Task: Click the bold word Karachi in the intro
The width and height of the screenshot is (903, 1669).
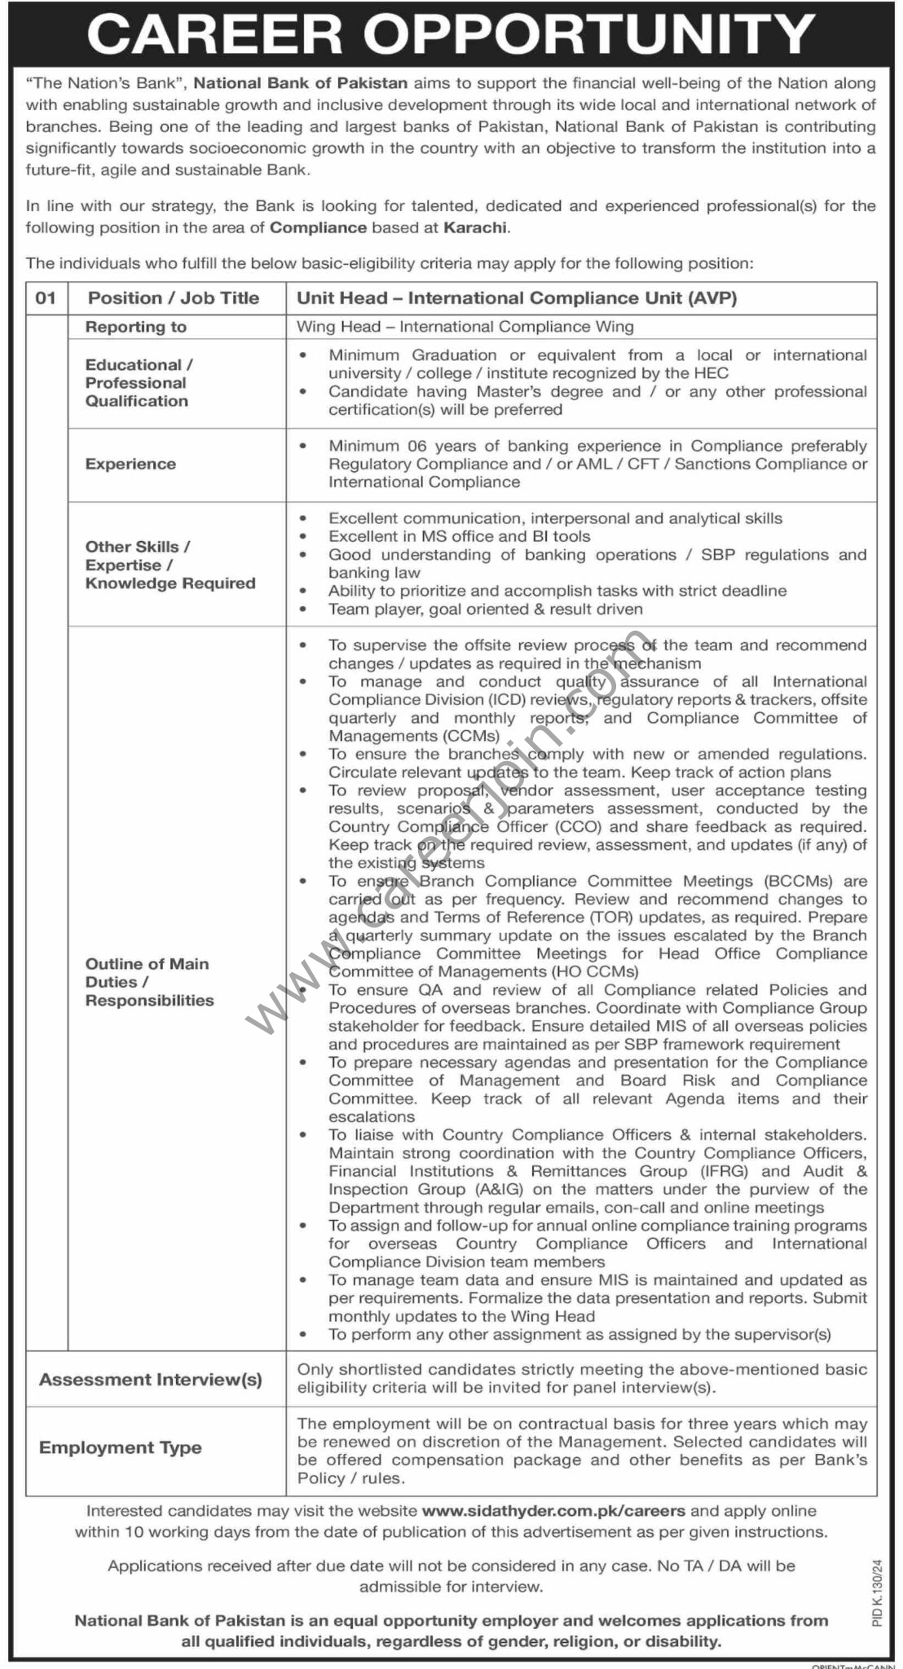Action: (476, 227)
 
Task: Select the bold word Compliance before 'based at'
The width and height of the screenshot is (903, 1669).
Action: (318, 227)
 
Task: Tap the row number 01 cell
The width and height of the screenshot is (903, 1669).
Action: (46, 298)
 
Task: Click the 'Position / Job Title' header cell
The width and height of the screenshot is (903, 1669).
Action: (174, 298)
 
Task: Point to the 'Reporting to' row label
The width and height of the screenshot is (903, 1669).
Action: (136, 327)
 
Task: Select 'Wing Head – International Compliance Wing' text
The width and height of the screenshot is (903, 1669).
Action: (465, 327)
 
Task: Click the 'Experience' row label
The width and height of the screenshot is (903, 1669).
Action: (130, 464)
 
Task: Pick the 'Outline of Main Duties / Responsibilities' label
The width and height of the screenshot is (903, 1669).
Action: (149, 982)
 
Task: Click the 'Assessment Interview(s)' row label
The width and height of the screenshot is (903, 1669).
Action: (151, 1380)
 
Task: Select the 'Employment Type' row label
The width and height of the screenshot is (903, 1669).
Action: (121, 1447)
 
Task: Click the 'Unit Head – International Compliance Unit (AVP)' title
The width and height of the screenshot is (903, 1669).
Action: (517, 298)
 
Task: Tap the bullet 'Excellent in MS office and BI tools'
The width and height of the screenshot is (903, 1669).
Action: (459, 536)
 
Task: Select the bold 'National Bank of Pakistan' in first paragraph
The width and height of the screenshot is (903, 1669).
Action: (301, 82)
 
